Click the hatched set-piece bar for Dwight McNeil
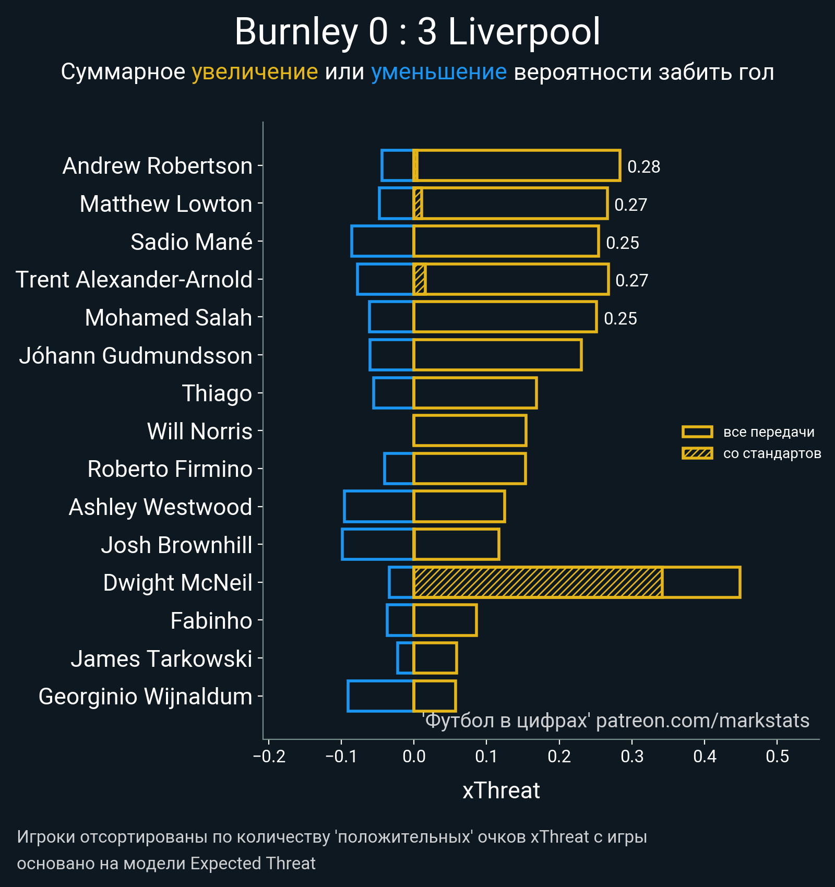click(x=538, y=582)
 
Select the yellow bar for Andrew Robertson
click(x=517, y=166)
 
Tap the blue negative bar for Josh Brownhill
click(x=377, y=544)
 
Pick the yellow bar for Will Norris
click(x=470, y=430)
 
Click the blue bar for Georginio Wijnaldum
click(x=380, y=696)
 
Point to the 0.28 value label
click(x=643, y=167)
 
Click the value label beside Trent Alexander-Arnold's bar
click(x=631, y=281)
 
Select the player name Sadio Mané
click(x=192, y=242)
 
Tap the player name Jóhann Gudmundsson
click(x=136, y=356)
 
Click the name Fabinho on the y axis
click(x=211, y=621)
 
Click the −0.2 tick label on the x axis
click(x=269, y=757)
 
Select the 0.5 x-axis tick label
click(x=777, y=757)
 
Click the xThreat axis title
click(x=501, y=790)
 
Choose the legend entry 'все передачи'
click(x=769, y=432)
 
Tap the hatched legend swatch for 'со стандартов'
click(x=697, y=453)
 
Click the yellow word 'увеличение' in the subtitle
click(x=255, y=72)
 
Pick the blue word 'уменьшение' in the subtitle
click(x=438, y=72)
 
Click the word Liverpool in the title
click(x=524, y=32)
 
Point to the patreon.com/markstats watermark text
click(x=702, y=721)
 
